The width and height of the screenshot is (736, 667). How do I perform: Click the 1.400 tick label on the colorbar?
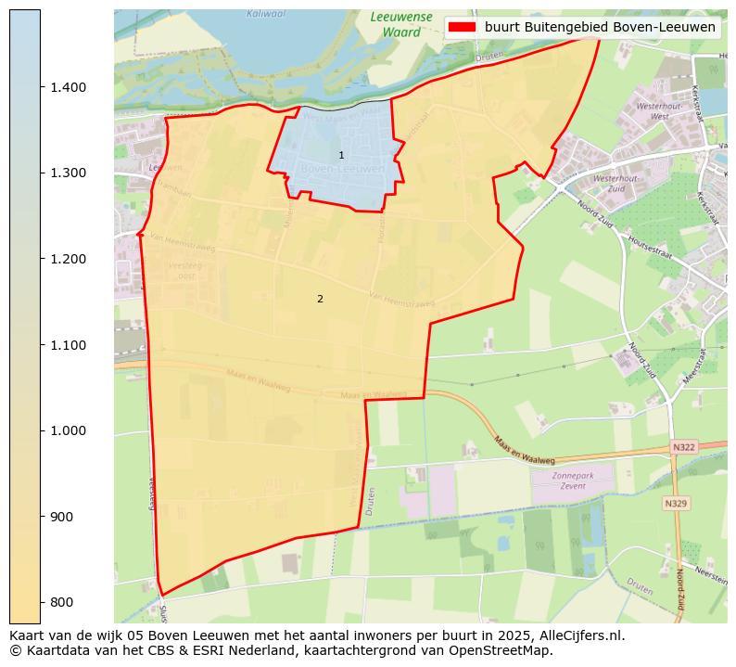coord(68,87)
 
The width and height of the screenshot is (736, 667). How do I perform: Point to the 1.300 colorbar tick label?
coord(68,173)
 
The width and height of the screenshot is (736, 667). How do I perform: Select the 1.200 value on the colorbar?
coord(68,259)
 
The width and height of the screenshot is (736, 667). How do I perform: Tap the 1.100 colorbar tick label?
coord(68,345)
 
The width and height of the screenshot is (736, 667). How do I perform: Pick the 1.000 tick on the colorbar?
coord(68,430)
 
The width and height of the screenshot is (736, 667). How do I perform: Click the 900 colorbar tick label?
coord(63,517)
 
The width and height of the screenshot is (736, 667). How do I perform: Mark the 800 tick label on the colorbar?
coord(63,602)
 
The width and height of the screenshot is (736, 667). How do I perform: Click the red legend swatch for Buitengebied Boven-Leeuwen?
coord(462,27)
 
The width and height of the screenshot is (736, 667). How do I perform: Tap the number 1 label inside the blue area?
coord(341,155)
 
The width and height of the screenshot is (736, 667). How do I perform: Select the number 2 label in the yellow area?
coord(320,299)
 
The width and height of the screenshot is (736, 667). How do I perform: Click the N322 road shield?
coord(683,447)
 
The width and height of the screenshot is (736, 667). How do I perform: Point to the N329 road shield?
coord(676,503)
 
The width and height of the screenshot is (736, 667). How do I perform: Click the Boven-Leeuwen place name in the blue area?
coord(342,170)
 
